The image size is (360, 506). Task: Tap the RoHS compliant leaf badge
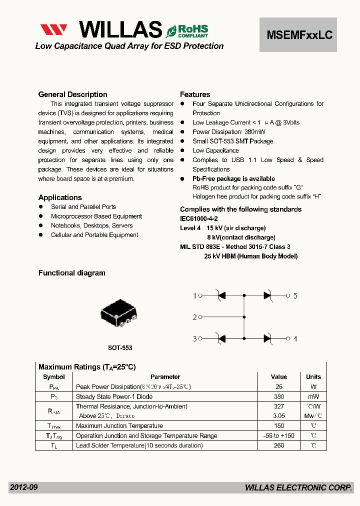pyautogui.click(x=187, y=31)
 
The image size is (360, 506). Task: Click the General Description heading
pyautogui.click(x=72, y=94)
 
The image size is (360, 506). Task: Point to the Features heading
pyautogui.click(x=195, y=94)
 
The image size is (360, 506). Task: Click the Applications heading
pyautogui.click(x=60, y=197)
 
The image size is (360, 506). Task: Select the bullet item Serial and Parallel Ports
pyautogui.click(x=83, y=207)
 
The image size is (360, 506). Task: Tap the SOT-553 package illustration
pyautogui.click(x=118, y=314)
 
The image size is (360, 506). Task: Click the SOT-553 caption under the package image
pyautogui.click(x=120, y=347)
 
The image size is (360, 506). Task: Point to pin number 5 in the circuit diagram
pyautogui.click(x=295, y=296)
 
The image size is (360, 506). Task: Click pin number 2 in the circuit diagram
pyautogui.click(x=195, y=317)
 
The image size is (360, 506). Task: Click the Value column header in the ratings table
pyautogui.click(x=279, y=377)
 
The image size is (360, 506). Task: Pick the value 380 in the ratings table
pyautogui.click(x=279, y=396)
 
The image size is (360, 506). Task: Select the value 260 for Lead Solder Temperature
pyautogui.click(x=279, y=445)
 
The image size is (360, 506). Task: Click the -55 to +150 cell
pyautogui.click(x=279, y=435)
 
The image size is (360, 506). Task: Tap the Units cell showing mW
pyautogui.click(x=313, y=396)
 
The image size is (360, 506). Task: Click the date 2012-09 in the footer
pyautogui.click(x=23, y=487)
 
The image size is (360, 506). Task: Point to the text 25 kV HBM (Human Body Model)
pyautogui.click(x=250, y=256)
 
